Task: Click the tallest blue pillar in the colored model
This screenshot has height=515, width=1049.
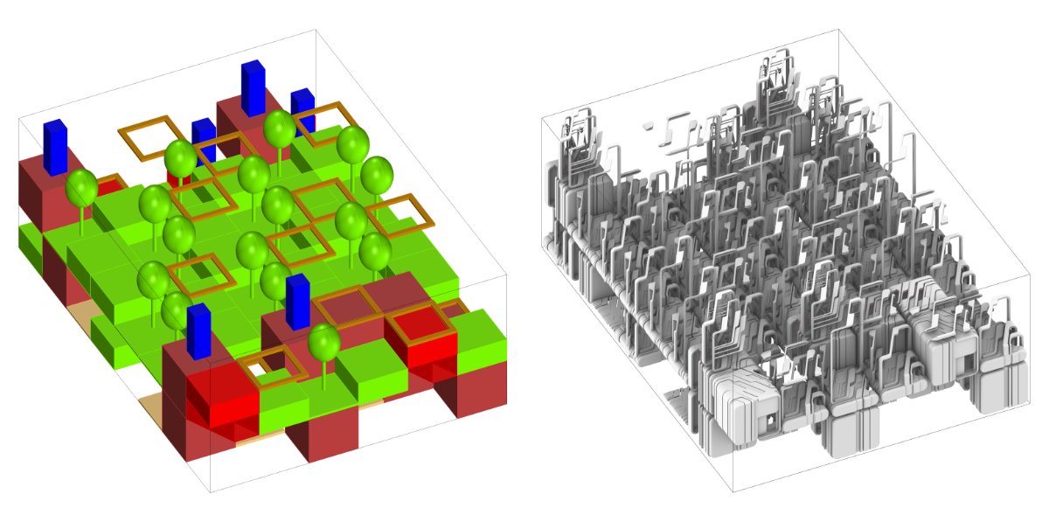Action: coord(253,87)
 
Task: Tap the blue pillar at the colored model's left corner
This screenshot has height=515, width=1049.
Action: coord(54,146)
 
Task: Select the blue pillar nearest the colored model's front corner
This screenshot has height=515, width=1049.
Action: coord(198,331)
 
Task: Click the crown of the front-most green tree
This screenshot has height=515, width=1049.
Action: coord(323,342)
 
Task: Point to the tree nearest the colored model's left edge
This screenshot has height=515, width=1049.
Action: coord(81,188)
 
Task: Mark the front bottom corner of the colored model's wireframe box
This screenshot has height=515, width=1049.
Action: coord(210,492)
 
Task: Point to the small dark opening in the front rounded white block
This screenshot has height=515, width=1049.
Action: coord(770,421)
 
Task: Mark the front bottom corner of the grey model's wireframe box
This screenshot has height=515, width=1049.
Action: coord(733,491)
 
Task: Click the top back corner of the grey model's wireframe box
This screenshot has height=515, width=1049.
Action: coord(838,30)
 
